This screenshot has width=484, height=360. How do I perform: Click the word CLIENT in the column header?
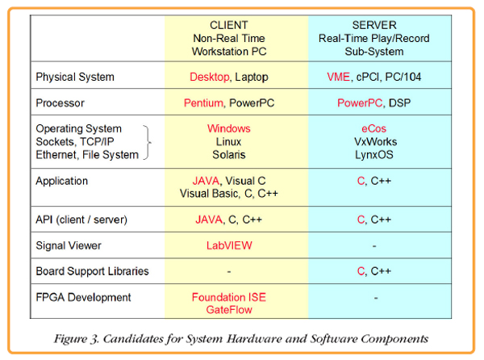click(229, 25)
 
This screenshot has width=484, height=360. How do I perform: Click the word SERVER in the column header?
click(374, 25)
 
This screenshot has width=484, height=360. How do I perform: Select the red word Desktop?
click(209, 77)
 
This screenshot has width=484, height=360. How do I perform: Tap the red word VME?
click(338, 77)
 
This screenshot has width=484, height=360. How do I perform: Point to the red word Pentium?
click(203, 103)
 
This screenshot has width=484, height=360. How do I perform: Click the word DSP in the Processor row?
click(399, 103)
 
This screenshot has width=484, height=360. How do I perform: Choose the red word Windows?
click(229, 128)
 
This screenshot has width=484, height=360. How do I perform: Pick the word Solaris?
click(229, 155)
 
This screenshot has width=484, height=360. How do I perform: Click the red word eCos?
click(373, 128)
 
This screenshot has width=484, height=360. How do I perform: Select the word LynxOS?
click(373, 155)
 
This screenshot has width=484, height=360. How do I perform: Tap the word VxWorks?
click(375, 142)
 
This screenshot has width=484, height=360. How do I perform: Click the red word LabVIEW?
click(229, 245)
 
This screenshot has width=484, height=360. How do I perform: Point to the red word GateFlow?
click(229, 310)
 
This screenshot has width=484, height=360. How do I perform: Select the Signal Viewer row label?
click(69, 245)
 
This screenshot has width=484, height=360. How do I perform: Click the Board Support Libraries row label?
click(92, 271)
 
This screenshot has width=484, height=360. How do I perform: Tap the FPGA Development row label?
click(83, 297)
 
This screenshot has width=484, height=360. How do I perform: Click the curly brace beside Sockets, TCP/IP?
click(149, 142)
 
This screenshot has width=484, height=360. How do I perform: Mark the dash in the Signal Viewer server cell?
click(374, 246)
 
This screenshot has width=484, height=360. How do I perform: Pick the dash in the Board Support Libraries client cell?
click(229, 272)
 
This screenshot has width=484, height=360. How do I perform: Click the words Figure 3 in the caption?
click(76, 339)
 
